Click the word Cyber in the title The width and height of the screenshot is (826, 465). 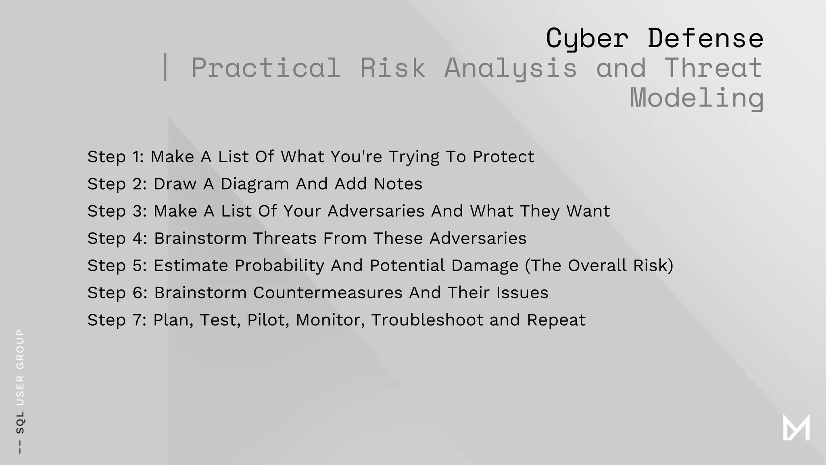coord(587,39)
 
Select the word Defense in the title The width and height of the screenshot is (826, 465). coord(705,39)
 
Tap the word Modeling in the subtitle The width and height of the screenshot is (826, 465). coord(697,98)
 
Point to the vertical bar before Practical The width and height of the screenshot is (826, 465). coord(165,67)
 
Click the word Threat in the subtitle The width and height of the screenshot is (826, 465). coord(713,67)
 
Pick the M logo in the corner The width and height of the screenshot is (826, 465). coord(796,427)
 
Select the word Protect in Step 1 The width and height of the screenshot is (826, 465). coord(503,157)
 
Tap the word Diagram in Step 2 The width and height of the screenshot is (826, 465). coord(255,184)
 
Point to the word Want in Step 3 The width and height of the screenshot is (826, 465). coord(588,211)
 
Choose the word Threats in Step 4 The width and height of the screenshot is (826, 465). coord(285,238)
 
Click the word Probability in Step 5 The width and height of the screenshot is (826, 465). coord(280,266)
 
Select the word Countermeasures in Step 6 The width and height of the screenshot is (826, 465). coord(327,293)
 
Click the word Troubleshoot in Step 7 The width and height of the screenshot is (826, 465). coord(427,320)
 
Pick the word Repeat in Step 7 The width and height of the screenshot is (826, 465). coord(556,320)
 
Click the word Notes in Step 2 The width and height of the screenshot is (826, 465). coord(398,184)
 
